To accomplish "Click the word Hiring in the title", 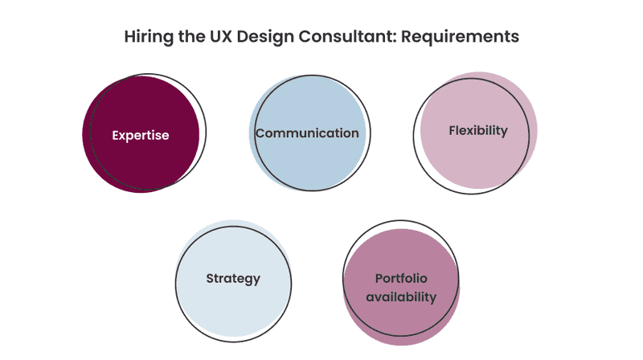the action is (149, 37).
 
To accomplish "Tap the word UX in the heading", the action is (222, 36).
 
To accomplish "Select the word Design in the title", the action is (265, 37).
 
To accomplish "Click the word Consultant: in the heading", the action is (347, 36).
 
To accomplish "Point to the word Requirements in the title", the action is (460, 37).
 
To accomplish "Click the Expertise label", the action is (141, 135).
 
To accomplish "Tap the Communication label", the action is (307, 133).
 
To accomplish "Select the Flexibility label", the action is (478, 131).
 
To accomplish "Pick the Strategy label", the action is (233, 279).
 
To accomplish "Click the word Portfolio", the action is (401, 278).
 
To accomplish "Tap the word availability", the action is (401, 297).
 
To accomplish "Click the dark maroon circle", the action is (141, 134).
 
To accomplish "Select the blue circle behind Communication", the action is (308, 133).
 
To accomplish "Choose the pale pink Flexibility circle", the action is (478, 130).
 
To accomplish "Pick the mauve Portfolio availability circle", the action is (401, 287).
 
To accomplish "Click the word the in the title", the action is (192, 36).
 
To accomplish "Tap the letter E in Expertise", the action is (116, 135).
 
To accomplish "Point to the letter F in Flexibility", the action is (453, 130).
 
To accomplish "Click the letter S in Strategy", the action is (210, 278).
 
